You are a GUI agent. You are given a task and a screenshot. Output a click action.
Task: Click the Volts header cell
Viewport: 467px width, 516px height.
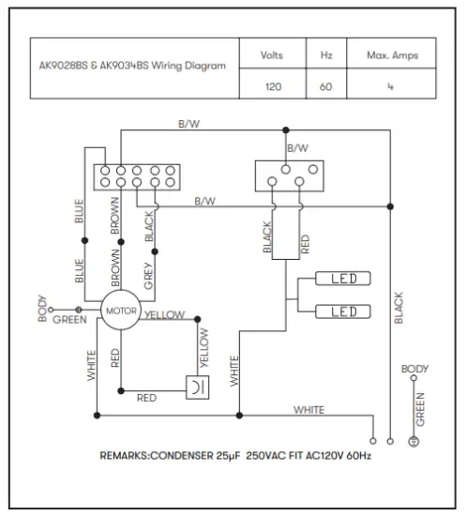272,56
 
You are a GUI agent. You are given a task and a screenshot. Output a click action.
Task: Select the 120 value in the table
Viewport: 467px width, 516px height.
272,85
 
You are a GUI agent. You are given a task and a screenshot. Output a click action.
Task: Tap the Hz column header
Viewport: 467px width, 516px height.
325,56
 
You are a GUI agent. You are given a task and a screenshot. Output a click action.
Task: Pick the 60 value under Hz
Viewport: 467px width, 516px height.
325,85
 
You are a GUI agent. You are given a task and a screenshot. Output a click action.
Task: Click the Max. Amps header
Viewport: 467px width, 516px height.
392,56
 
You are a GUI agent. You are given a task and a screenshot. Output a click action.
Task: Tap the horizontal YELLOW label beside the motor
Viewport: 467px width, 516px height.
165,315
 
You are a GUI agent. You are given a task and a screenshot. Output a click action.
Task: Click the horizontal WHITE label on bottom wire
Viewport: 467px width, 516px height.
309,410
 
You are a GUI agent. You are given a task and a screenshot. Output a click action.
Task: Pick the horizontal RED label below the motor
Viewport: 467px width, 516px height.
147,398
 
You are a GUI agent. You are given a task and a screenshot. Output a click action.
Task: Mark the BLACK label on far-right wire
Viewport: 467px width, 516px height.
399,308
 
